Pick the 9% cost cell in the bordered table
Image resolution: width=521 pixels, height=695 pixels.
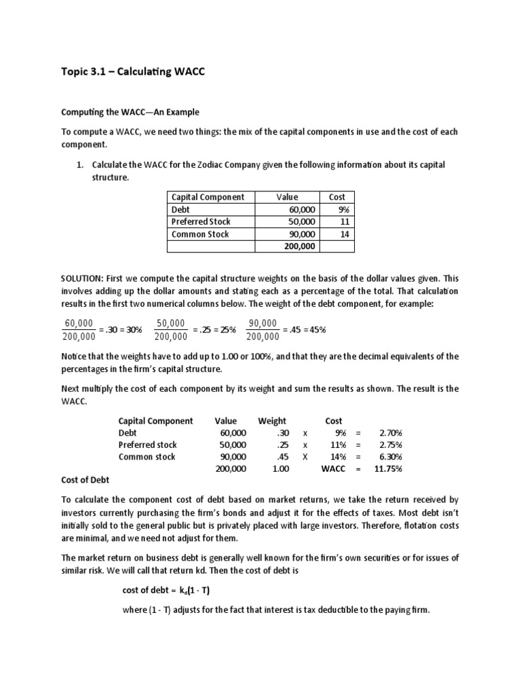click(x=343, y=210)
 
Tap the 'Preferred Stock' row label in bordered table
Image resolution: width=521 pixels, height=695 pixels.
click(x=201, y=222)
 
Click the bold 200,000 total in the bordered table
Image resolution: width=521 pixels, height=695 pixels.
click(x=300, y=246)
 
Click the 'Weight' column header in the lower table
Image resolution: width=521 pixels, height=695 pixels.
click(x=272, y=421)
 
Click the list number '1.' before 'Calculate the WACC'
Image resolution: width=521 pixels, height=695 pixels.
click(x=79, y=165)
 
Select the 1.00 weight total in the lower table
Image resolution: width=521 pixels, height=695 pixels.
click(x=280, y=469)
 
